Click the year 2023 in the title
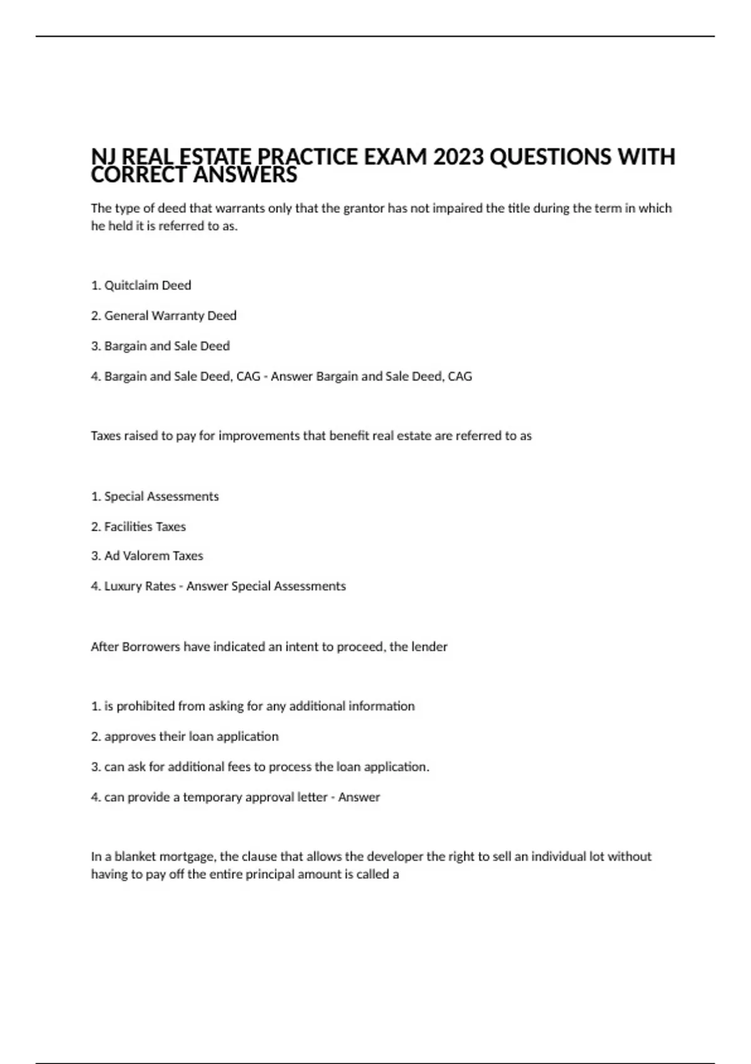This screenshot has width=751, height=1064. pos(458,156)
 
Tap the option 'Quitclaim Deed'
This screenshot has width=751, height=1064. pos(148,285)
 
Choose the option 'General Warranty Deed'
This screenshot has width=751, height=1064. pos(170,316)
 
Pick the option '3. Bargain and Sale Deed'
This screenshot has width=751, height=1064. pos(161,346)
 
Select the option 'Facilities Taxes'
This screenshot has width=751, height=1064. pos(145,527)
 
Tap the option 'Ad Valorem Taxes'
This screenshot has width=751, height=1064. pos(153,556)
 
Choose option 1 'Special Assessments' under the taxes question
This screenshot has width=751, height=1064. pos(161,497)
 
